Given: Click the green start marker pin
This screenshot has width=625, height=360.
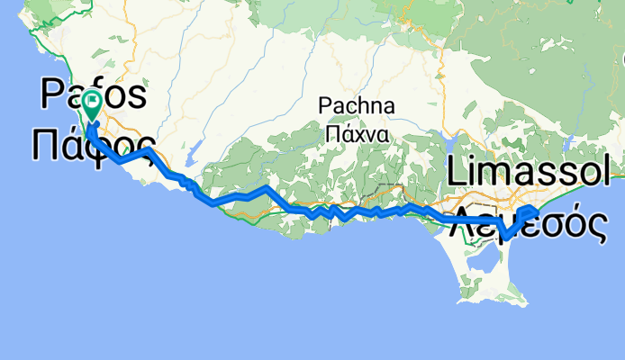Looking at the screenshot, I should [x=93, y=107].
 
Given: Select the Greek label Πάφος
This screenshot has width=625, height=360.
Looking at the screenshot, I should [x=94, y=143].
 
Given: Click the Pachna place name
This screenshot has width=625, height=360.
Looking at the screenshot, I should [x=357, y=106].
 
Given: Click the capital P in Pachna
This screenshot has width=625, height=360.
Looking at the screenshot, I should [x=325, y=106].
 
